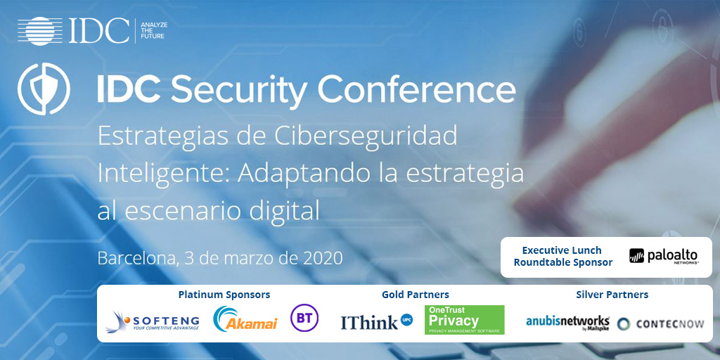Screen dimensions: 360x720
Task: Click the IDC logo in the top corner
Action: click(73, 31)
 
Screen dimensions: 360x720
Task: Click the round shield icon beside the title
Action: click(44, 90)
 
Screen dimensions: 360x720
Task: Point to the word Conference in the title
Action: click(416, 90)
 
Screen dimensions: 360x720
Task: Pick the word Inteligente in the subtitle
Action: click(158, 173)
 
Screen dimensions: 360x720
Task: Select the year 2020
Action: click(321, 258)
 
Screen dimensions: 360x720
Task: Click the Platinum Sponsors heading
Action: click(224, 295)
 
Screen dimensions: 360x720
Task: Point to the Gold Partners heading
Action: click(415, 295)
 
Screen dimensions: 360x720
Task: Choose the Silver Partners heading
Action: click(612, 295)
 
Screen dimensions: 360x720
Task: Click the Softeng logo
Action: click(153, 321)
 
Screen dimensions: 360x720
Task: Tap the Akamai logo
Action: click(245, 320)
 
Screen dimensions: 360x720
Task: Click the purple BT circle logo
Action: click(304, 319)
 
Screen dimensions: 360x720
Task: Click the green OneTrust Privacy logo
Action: click(464, 320)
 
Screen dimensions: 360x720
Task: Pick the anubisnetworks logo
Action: click(567, 321)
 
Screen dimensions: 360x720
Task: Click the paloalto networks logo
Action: click(664, 256)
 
